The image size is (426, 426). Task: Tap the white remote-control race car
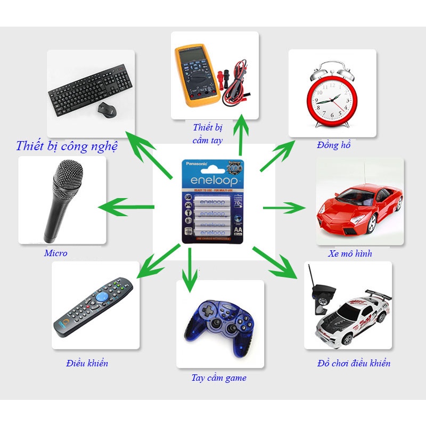(351, 317)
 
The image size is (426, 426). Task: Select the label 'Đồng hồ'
(333, 145)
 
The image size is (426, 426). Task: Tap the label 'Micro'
(56, 253)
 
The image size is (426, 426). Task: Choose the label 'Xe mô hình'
(350, 253)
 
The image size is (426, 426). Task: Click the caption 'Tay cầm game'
(219, 378)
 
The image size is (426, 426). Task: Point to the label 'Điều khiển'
(87, 364)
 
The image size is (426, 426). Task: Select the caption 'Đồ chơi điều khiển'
(354, 364)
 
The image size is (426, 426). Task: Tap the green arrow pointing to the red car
(283, 207)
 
